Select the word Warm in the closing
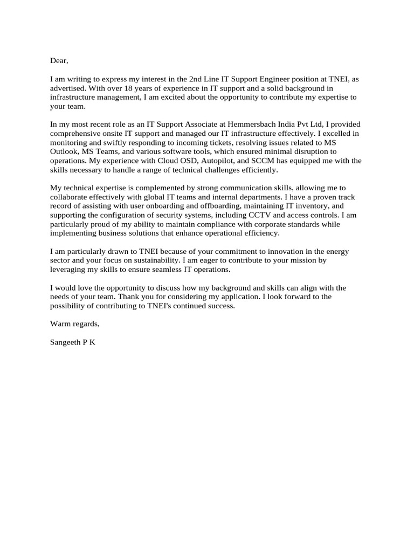coord(60,325)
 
